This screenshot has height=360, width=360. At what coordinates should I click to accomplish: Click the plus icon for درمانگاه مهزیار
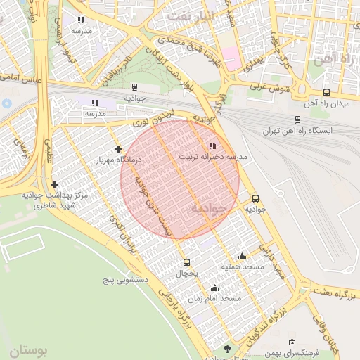point(117,149)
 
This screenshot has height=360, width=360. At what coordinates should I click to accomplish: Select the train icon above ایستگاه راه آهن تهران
point(298,120)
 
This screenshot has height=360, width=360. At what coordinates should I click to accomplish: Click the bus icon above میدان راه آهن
point(326,92)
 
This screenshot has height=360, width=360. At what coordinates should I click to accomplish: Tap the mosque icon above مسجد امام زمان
point(214,288)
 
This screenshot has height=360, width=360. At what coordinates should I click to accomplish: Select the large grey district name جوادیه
point(209,208)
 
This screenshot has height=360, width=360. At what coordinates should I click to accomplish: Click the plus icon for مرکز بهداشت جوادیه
point(55,184)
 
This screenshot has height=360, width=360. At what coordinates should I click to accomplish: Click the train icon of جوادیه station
point(134,87)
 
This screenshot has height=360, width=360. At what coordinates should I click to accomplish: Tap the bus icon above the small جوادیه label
point(255,198)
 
